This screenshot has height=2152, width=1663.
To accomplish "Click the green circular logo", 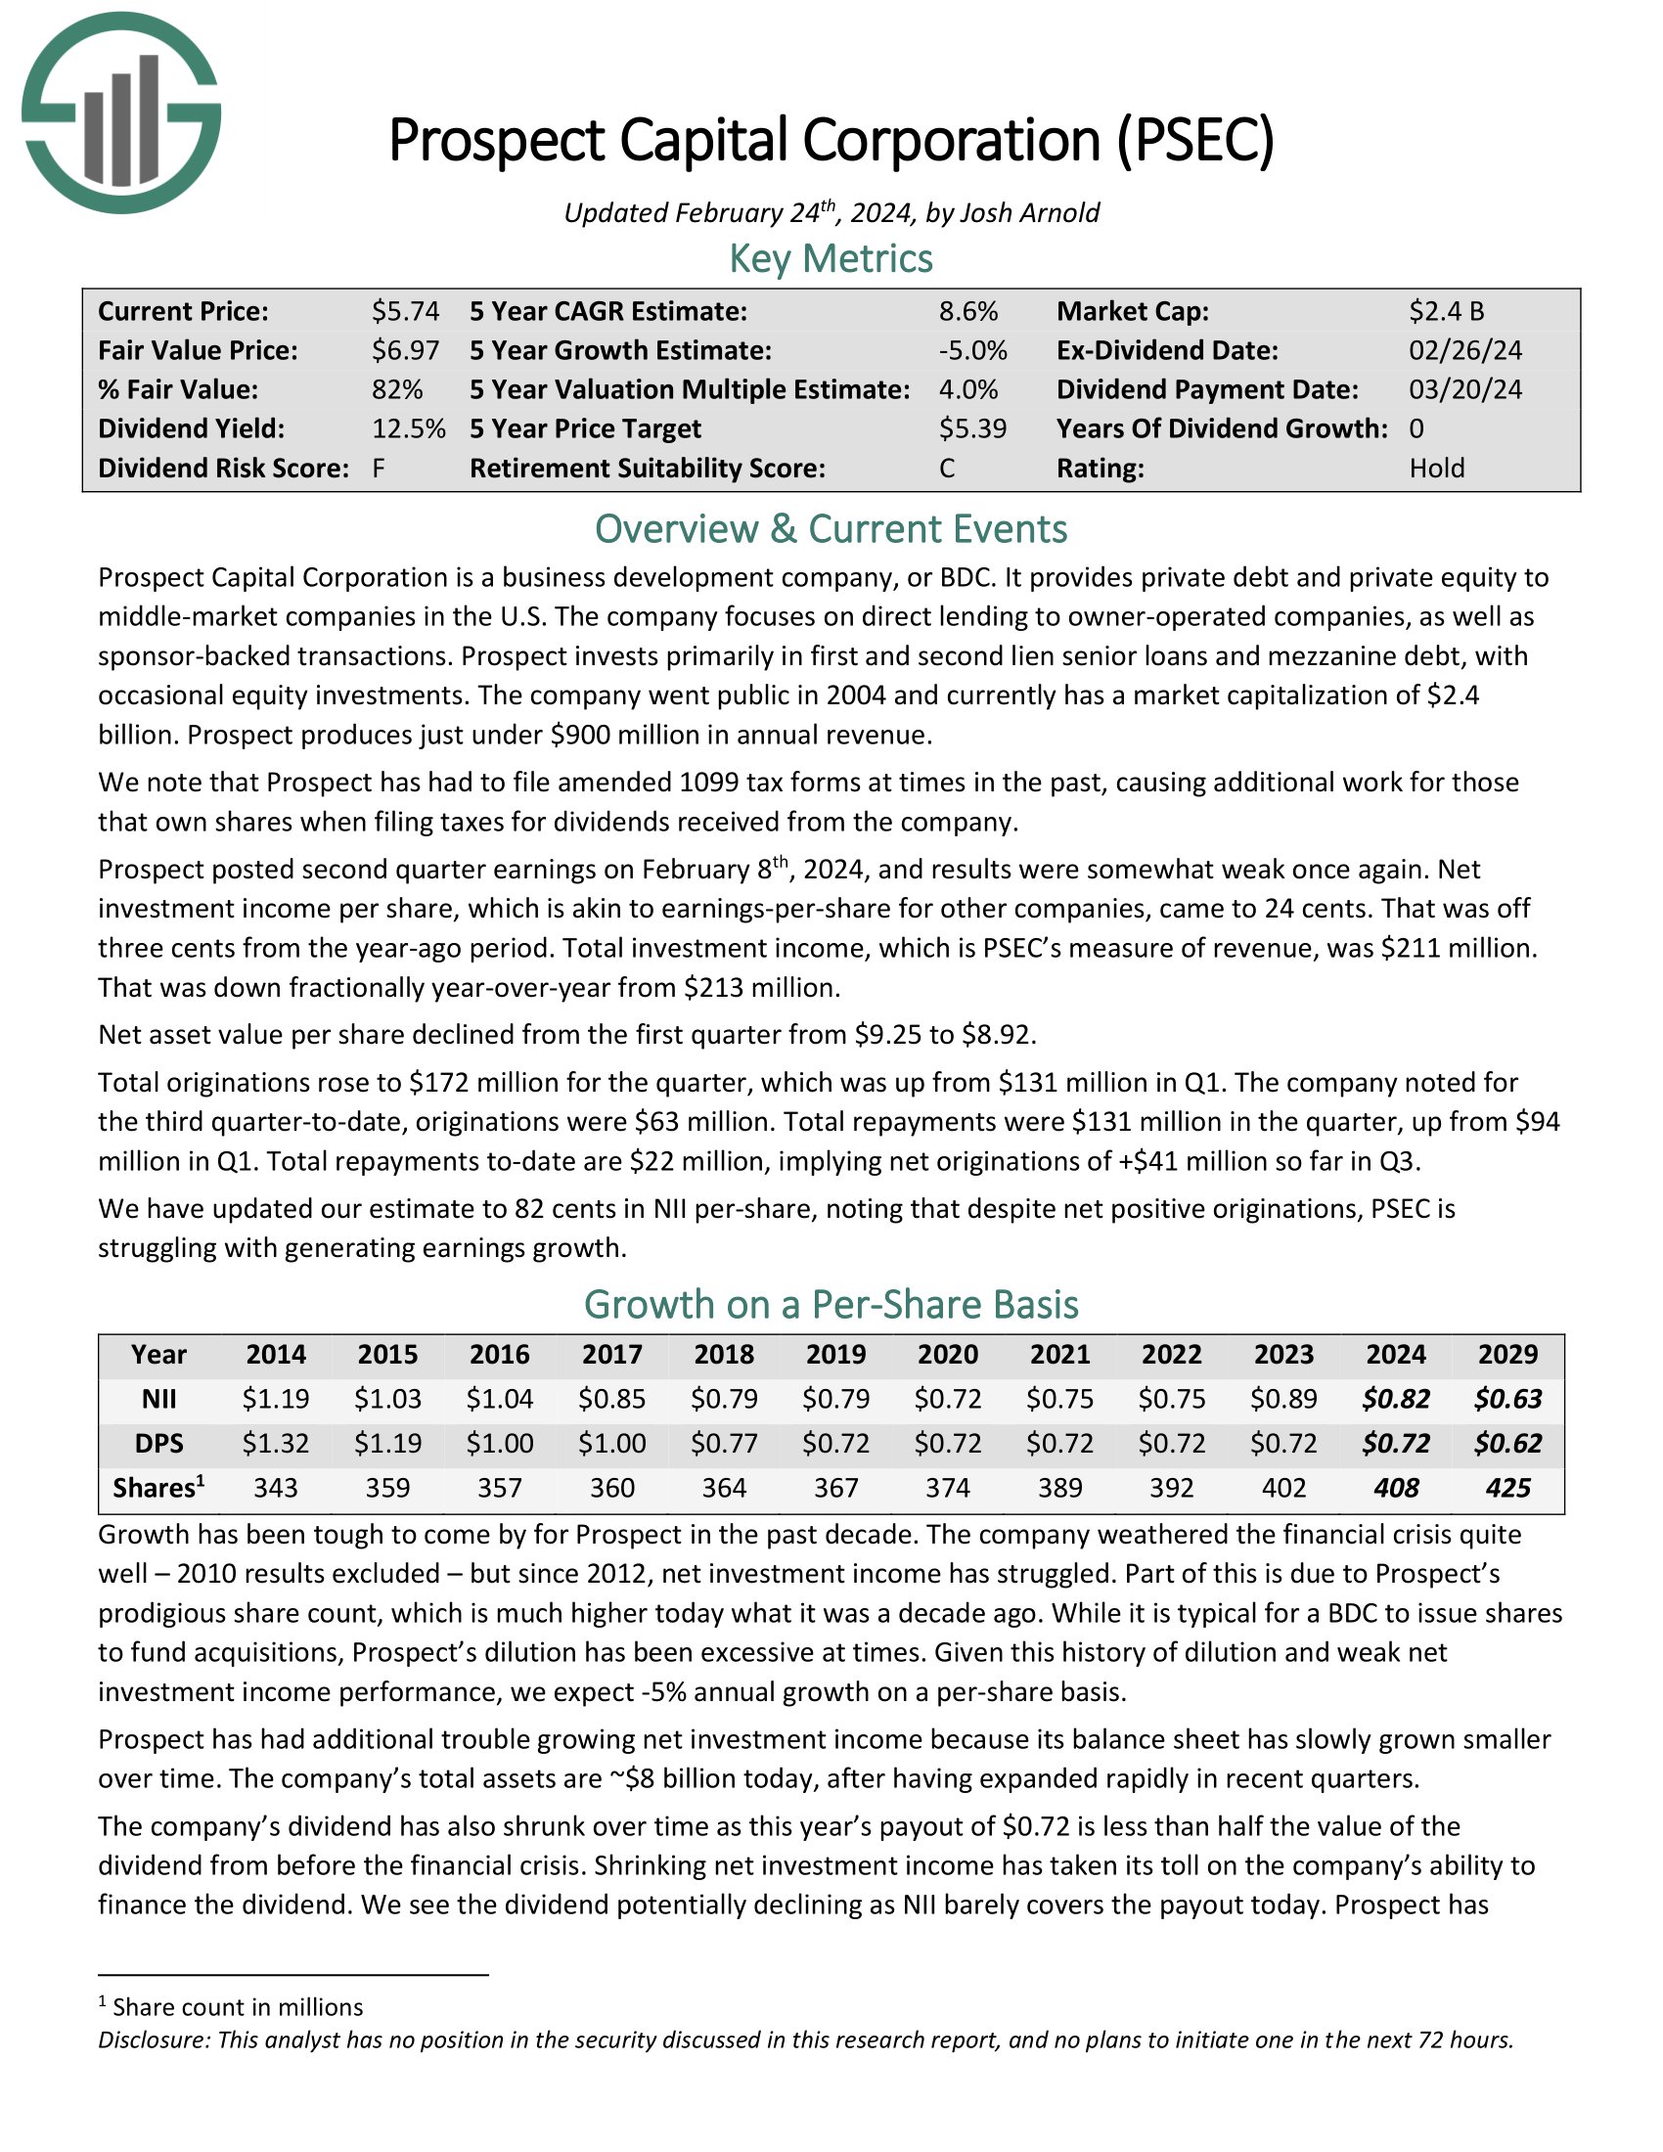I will [x=121, y=112].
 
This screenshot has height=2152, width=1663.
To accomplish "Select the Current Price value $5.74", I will [x=405, y=311].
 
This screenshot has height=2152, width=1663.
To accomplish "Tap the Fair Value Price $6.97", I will [x=405, y=351].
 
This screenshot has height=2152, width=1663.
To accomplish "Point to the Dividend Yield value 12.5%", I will [x=408, y=428].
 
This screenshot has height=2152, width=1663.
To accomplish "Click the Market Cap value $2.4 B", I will [x=1445, y=311].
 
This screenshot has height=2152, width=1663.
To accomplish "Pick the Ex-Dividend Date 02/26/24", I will [x=1465, y=351].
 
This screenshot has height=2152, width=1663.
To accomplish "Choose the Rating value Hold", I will [x=1436, y=468].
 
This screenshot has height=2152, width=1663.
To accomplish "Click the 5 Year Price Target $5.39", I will [x=972, y=428].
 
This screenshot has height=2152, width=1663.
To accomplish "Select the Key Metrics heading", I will [x=831, y=259].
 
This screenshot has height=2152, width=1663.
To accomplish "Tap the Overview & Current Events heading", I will [x=831, y=529].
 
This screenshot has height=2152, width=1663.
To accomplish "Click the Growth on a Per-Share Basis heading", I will [x=831, y=1305].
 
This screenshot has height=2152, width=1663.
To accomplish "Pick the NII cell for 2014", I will [x=276, y=1398].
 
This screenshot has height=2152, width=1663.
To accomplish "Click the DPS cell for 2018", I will [x=724, y=1444].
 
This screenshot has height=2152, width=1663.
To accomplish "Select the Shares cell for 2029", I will [x=1507, y=1488].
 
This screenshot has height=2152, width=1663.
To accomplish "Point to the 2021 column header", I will [x=1060, y=1354].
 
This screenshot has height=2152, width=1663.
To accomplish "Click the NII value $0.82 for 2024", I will [x=1395, y=1398].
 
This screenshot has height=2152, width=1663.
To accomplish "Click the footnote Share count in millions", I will [x=237, y=2007].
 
